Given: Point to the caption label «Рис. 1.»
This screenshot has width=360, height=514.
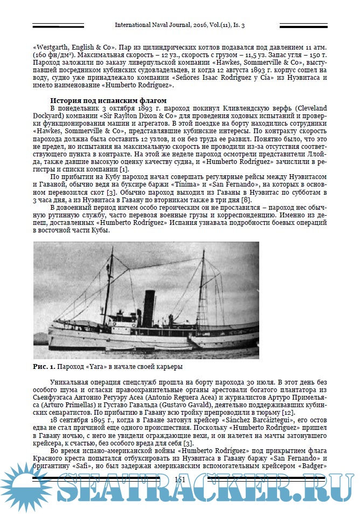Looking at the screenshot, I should click(x=44, y=366).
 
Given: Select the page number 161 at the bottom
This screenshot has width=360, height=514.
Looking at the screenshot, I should click(x=180, y=479).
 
